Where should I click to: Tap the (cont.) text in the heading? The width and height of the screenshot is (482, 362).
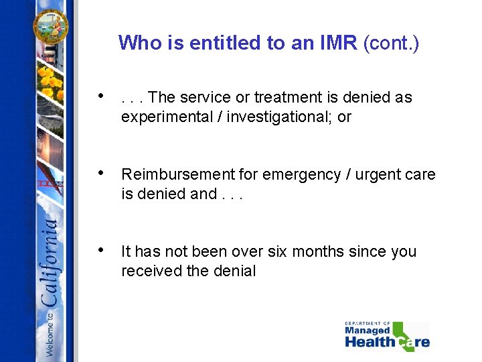pyautogui.click(x=391, y=43)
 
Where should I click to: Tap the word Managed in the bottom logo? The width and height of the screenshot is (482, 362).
pyautogui.click(x=368, y=330)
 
